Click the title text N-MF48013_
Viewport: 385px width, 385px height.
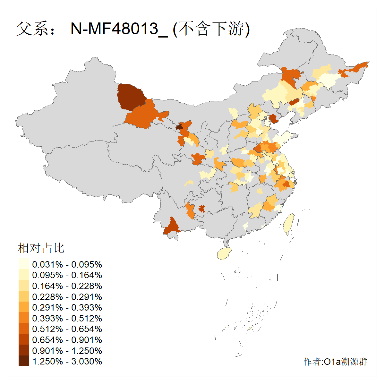tap(119, 29)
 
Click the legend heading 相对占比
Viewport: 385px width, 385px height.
tap(41, 248)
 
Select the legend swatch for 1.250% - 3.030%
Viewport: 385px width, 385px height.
tap(24, 361)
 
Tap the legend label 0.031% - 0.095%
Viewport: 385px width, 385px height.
tap(67, 264)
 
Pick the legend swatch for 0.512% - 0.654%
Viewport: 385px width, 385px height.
tap(24, 329)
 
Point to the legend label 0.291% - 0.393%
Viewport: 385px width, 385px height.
tap(67, 307)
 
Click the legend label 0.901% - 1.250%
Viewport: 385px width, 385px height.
tap(67, 350)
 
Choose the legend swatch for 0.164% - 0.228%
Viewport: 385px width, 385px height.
tap(24, 286)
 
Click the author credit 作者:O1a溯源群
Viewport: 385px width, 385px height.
tap(335, 362)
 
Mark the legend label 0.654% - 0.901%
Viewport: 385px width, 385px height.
tap(67, 340)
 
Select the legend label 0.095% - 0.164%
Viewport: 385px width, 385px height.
tap(67, 275)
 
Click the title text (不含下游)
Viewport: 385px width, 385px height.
tap(211, 29)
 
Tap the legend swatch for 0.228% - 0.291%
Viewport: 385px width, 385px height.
tap(24, 296)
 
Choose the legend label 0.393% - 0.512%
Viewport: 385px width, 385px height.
tap(67, 318)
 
